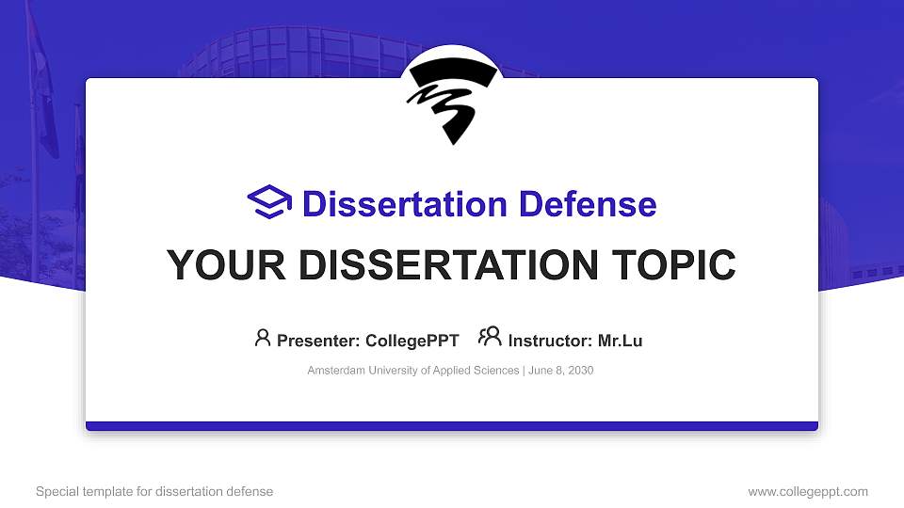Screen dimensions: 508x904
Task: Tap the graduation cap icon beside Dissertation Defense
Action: (270, 203)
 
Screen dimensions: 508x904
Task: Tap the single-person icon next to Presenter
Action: (263, 338)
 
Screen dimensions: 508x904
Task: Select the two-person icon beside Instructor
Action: (490, 338)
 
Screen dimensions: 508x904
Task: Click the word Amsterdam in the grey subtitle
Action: (336, 371)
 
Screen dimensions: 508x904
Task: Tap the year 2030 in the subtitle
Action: (580, 371)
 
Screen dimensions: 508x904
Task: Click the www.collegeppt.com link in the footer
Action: (807, 491)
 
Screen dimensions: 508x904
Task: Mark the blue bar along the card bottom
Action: (452, 426)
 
